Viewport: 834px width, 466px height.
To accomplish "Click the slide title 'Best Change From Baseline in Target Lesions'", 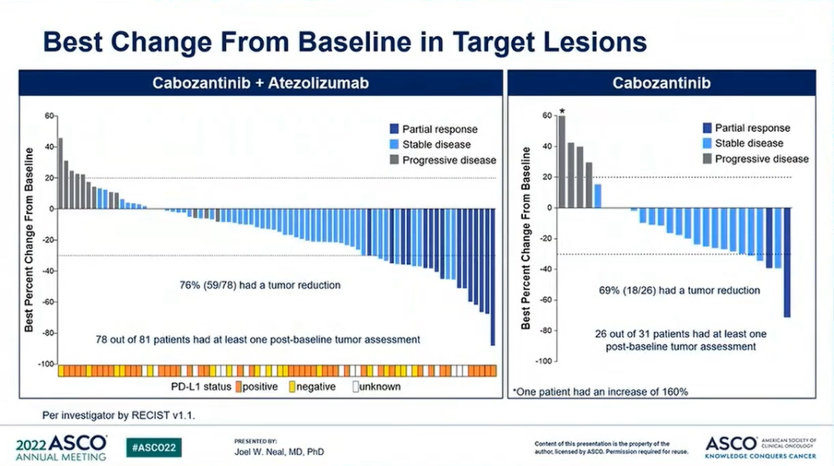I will [x=344, y=41].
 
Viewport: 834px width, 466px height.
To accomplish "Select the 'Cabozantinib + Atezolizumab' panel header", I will [x=259, y=83].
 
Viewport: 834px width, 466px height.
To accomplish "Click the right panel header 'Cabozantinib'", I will [x=661, y=83].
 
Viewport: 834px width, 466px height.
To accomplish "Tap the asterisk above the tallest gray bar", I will [x=562, y=110].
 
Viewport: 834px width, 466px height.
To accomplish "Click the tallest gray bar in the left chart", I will [x=60, y=174].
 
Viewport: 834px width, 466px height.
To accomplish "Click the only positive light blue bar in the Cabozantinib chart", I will [x=598, y=196].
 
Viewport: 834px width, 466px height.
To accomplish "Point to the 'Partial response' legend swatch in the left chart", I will [x=394, y=130].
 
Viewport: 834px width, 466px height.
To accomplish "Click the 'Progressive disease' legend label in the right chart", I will [x=761, y=159].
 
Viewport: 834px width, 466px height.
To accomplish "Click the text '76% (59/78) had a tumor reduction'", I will [x=259, y=285].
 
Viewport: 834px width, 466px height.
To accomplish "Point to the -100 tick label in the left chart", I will [x=46, y=363].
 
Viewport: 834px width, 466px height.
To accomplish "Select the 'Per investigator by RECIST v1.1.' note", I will [x=108, y=414].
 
